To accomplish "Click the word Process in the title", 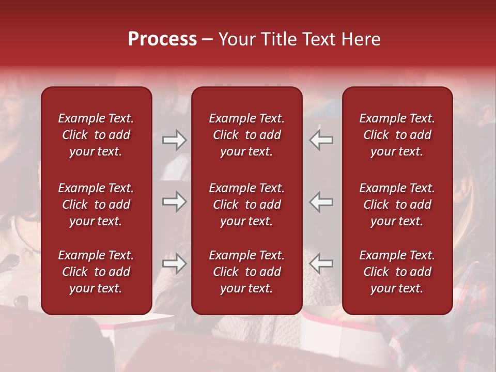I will click(x=162, y=39).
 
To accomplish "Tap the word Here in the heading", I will click(x=361, y=39).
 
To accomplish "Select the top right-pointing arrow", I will click(x=174, y=140).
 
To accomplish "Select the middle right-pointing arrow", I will click(x=174, y=202).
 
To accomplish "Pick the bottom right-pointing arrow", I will click(x=174, y=263).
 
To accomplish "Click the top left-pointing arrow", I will click(x=321, y=140).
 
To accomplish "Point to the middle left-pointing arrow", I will click(x=321, y=202).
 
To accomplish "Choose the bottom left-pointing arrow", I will click(x=321, y=263).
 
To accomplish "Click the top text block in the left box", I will click(x=96, y=135).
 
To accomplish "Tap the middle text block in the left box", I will click(x=96, y=205).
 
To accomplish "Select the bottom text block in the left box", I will click(x=96, y=272).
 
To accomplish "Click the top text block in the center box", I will click(x=246, y=135).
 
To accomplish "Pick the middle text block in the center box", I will click(x=246, y=205).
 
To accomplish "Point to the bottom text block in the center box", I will click(x=246, y=272).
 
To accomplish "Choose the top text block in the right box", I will click(x=397, y=135).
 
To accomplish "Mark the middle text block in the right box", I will click(x=397, y=205).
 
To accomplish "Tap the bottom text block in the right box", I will click(x=397, y=272).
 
